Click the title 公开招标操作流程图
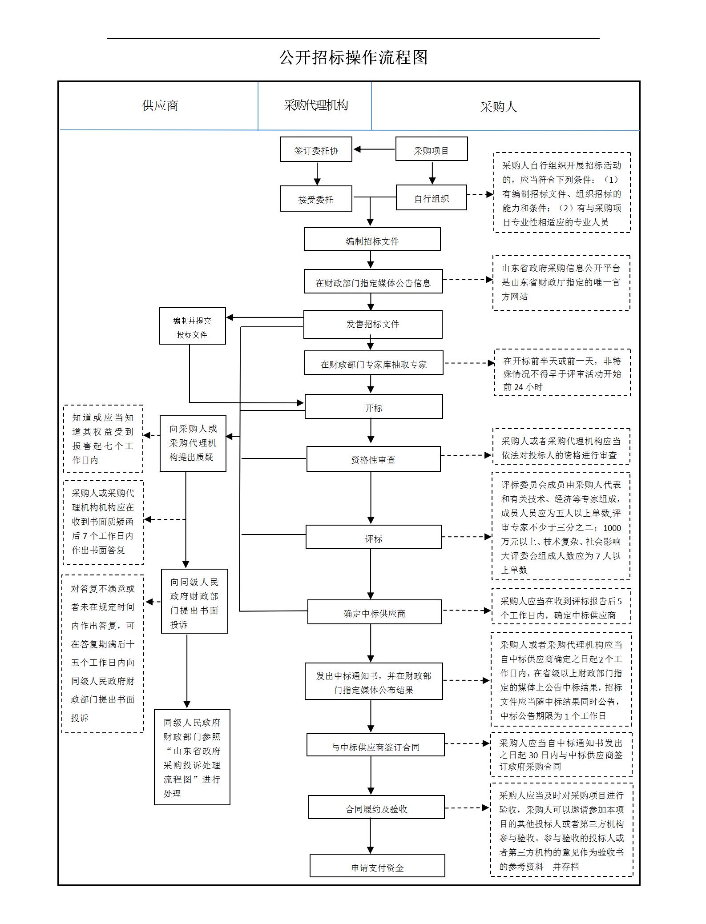[x=353, y=57]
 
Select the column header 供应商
[x=160, y=106]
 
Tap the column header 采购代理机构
[x=315, y=105]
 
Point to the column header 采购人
[x=498, y=107]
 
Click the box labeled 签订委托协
[x=316, y=149]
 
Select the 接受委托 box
[x=316, y=198]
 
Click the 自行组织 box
[x=431, y=197]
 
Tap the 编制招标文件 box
[x=372, y=240]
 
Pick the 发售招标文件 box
[x=373, y=324]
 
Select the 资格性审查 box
[x=373, y=459]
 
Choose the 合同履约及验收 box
[x=376, y=807]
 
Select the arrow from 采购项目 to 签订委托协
[x=374, y=149]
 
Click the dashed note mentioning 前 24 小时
[x=562, y=373]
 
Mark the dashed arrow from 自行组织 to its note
[x=480, y=194]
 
